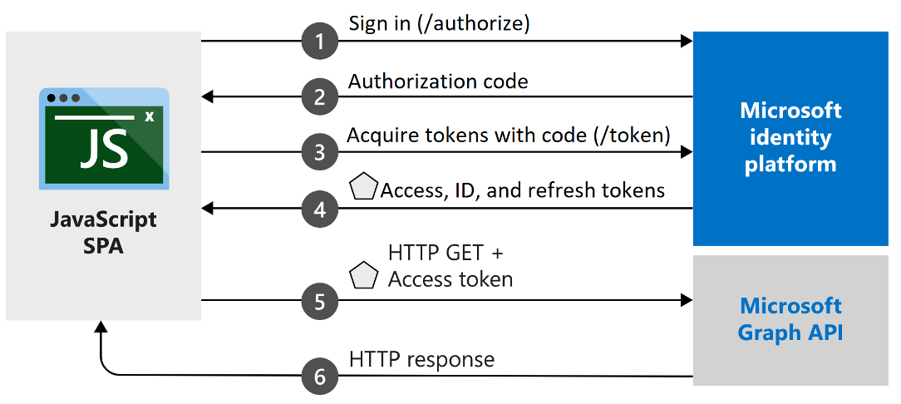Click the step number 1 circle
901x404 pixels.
pyautogui.click(x=320, y=40)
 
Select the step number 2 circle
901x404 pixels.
pyautogui.click(x=320, y=96)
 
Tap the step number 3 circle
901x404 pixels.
pyautogui.click(x=320, y=152)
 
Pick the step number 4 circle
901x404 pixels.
pyautogui.click(x=320, y=209)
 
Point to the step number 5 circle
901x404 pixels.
pyautogui.click(x=320, y=300)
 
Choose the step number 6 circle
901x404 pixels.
pyautogui.click(x=320, y=377)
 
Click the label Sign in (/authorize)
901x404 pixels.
pyautogui.click(x=439, y=23)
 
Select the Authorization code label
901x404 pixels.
pyautogui.click(x=438, y=81)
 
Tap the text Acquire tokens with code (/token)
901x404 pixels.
pyautogui.click(x=508, y=135)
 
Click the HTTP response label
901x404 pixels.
pyautogui.click(x=421, y=360)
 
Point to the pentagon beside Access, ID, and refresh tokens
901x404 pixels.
pyautogui.click(x=364, y=188)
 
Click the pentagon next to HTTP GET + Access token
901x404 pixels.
pyautogui.click(x=364, y=275)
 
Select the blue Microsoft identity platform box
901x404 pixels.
pyautogui.click(x=790, y=138)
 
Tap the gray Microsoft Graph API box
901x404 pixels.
pyautogui.click(x=790, y=320)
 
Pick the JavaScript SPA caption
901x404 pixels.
pyautogui.click(x=103, y=233)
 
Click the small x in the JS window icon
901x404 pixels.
pyautogui.click(x=149, y=116)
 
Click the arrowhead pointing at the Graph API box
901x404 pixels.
pyautogui.click(x=686, y=300)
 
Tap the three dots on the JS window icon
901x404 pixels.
pyautogui.click(x=63, y=98)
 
